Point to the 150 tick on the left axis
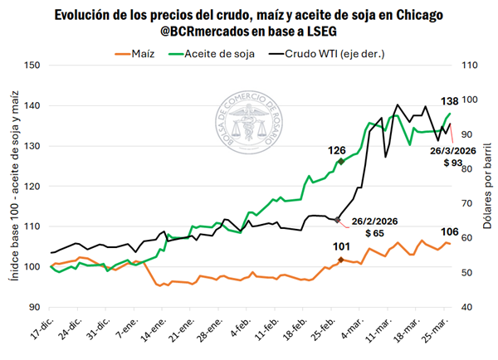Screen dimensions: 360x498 [x=34, y=66]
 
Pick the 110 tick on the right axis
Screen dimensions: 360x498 [x=471, y=66]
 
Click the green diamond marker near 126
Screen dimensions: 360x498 [x=340, y=161]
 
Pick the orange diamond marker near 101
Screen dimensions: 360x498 [x=340, y=260]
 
